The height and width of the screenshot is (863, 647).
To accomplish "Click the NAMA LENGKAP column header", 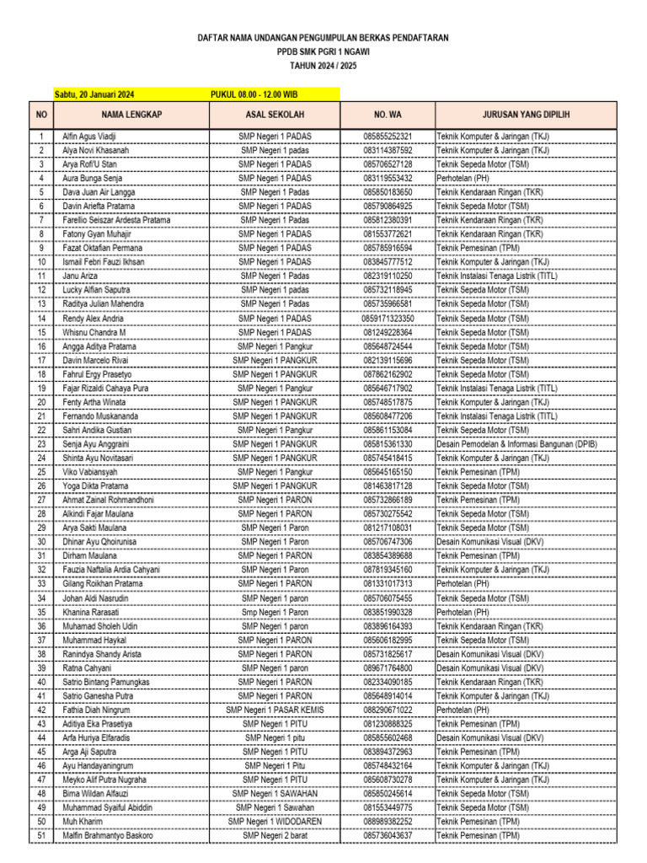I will click(131, 115).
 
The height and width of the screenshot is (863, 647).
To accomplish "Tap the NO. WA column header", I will click(388, 115).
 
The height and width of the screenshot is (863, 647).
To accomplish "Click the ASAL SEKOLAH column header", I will click(275, 115).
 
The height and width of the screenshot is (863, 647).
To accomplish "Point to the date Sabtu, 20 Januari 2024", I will click(88, 94).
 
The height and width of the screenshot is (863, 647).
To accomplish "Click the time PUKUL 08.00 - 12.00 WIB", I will click(254, 94).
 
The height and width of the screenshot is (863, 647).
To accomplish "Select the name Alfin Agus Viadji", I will click(89, 137).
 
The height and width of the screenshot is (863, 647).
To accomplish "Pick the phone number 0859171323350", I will click(388, 319).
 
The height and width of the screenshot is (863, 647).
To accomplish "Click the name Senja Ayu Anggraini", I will click(95, 444).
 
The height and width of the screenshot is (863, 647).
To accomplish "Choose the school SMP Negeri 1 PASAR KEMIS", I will click(275, 710).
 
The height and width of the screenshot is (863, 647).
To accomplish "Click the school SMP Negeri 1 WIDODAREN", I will click(275, 821).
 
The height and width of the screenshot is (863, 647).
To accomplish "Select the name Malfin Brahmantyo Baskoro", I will click(108, 835).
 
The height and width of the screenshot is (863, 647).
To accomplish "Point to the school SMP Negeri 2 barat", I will click(275, 835).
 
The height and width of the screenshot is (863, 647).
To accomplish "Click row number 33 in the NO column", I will click(40, 584).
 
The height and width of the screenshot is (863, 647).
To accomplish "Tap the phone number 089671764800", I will click(388, 667).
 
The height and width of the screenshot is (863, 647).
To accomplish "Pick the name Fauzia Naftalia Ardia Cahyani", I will click(110, 570).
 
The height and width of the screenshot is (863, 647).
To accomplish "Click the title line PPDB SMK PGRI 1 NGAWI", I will click(323, 51).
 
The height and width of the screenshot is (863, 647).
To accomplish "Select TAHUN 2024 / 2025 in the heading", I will click(323, 65).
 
